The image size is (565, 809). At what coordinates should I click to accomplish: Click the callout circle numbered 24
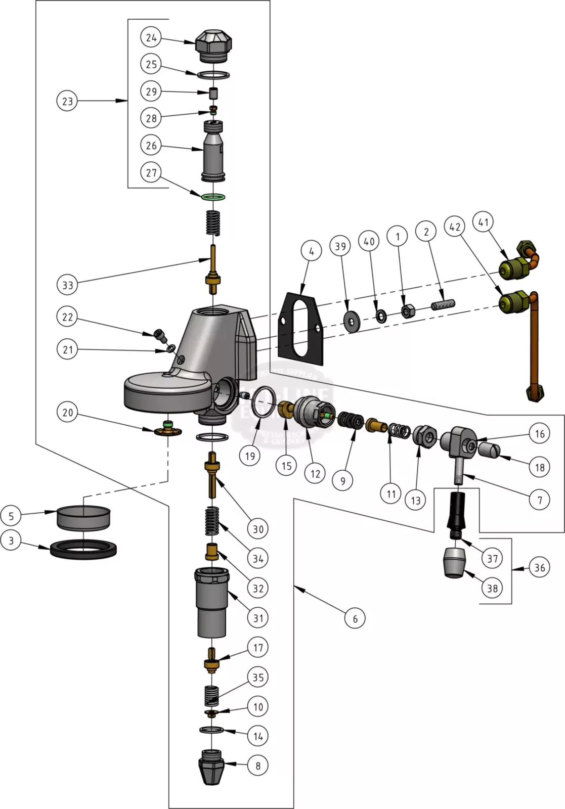pos(151,37)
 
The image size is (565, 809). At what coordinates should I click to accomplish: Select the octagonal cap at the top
pos(213,45)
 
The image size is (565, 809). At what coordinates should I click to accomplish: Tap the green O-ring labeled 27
pos(213,197)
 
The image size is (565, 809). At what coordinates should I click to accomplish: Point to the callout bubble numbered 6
pos(355,618)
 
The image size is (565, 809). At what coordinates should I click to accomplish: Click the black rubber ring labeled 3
pos(83,550)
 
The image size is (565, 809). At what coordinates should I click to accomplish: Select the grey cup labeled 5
pos(83,518)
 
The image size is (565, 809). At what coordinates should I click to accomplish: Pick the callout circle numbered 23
pos(67,101)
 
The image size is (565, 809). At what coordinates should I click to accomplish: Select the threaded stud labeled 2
pos(444,305)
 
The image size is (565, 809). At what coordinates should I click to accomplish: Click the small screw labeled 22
pos(160,333)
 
